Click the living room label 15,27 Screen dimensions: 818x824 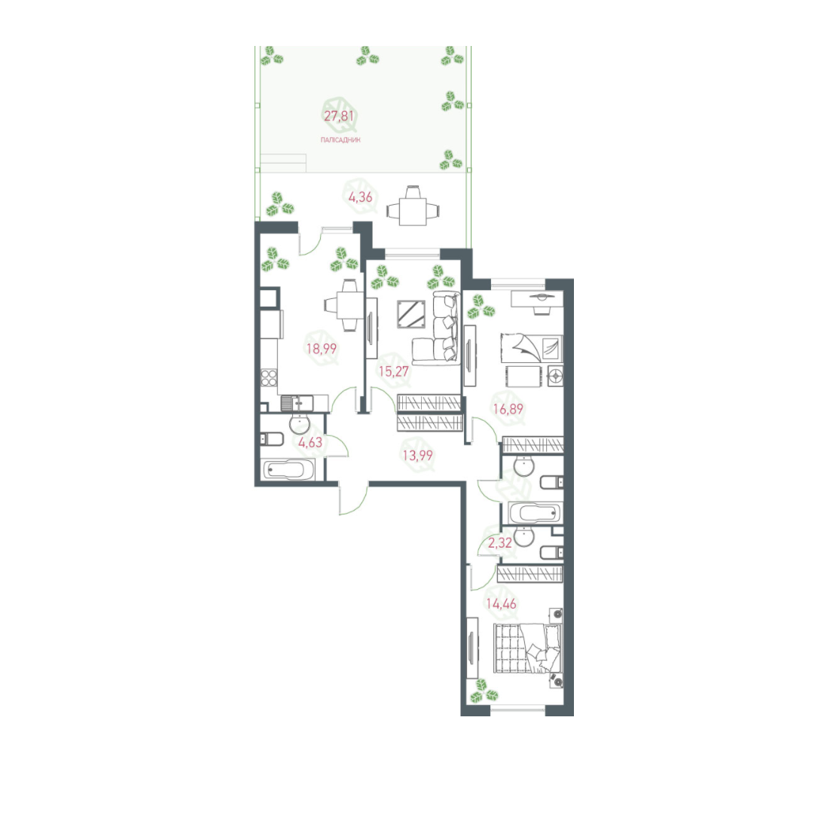point(392,371)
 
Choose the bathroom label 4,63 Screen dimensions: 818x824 point(310,442)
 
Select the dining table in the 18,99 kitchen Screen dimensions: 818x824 point(346,305)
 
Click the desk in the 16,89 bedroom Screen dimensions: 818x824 point(536,300)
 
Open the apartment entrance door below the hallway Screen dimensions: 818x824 point(352,499)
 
